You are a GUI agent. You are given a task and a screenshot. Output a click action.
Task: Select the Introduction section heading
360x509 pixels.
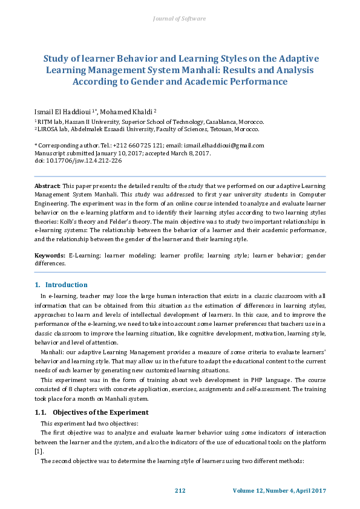coord(66,285)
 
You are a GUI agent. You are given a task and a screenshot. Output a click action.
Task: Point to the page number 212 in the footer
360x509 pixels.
coord(180,490)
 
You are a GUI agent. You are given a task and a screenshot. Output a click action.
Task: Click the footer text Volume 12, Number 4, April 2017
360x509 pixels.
coord(279,490)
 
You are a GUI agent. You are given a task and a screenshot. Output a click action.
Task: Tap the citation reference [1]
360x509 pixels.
coord(38,451)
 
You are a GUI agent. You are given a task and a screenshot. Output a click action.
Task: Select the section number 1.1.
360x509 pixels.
coord(41,412)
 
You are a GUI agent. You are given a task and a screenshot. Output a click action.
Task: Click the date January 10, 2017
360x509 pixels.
coord(114,154)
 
